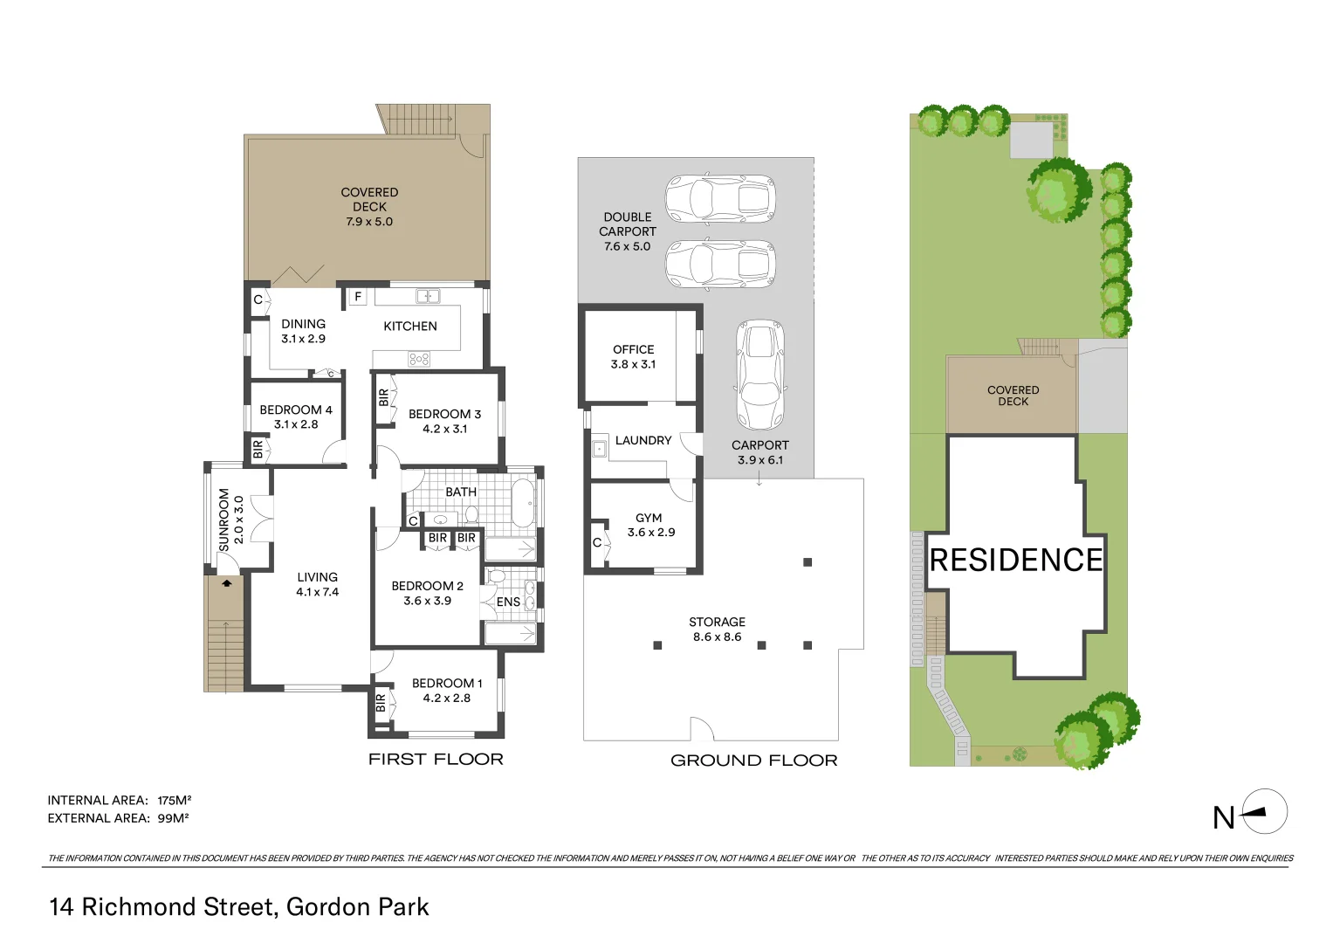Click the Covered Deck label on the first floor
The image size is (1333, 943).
pyautogui.click(x=369, y=199)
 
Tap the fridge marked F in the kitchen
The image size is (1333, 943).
pyautogui.click(x=357, y=297)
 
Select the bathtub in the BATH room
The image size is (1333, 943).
pyautogui.click(x=523, y=502)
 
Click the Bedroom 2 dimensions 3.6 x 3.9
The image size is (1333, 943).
pyautogui.click(x=427, y=601)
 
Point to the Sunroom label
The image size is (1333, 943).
pyautogui.click(x=223, y=520)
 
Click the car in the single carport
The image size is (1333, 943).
pyautogui.click(x=760, y=375)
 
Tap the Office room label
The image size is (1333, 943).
pyautogui.click(x=633, y=349)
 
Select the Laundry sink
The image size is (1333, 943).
pyautogui.click(x=599, y=450)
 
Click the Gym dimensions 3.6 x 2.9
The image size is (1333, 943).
pyautogui.click(x=651, y=532)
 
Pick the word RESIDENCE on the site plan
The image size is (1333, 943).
pyautogui.click(x=1016, y=560)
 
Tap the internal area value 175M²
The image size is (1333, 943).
pyautogui.click(x=174, y=800)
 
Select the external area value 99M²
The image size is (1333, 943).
pyautogui.click(x=173, y=818)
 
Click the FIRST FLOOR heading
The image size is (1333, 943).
pyautogui.click(x=436, y=759)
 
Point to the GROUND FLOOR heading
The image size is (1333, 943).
pyautogui.click(x=753, y=761)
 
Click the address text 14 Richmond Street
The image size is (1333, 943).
pyautogui.click(x=163, y=906)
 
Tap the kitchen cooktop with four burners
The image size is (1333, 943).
pyautogui.click(x=419, y=359)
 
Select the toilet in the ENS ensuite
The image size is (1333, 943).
pyautogui.click(x=497, y=577)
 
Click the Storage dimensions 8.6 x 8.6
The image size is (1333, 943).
pyautogui.click(x=717, y=637)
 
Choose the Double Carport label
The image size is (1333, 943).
pyautogui.click(x=627, y=224)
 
